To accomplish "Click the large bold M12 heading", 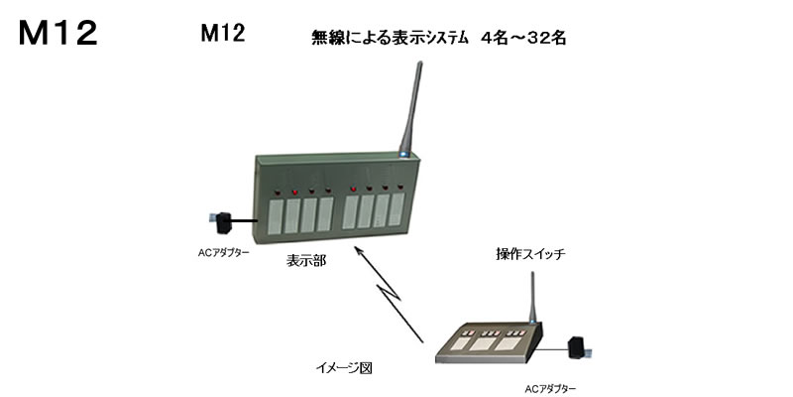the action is [58, 34].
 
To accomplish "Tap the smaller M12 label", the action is [223, 34].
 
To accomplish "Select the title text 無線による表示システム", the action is [390, 39].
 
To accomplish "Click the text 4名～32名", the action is [523, 39].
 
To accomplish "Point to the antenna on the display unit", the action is [411, 107].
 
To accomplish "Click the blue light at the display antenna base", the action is [403, 154].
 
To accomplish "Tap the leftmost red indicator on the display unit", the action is [277, 193].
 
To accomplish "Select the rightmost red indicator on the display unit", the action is [400, 187].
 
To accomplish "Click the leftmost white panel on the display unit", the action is [275, 216].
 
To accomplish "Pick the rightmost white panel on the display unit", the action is [396, 209].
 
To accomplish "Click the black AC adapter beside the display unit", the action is [224, 223].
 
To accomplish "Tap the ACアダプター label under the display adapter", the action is [224, 252].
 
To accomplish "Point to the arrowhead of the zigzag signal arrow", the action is [357, 250].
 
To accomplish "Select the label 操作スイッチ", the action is [530, 254].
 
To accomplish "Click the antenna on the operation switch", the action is [532, 298].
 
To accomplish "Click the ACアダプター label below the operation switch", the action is [550, 389].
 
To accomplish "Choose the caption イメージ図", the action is [344, 368].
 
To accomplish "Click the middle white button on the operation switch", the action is [483, 344].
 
